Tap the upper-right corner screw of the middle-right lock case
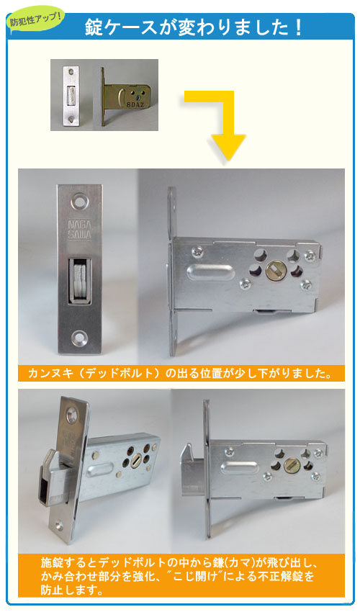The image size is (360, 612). [x=310, y=253]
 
